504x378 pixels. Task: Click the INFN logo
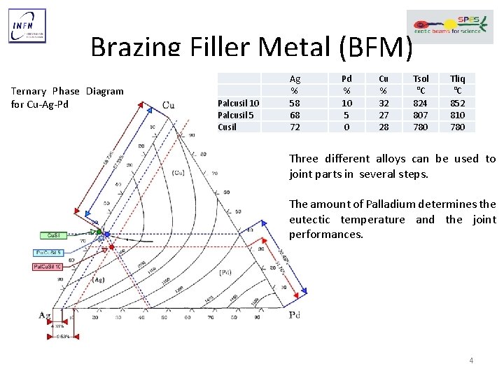[x=27, y=26]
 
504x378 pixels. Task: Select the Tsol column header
[x=421, y=79]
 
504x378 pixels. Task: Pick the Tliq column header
[x=458, y=79]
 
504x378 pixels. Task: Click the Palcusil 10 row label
[x=238, y=103]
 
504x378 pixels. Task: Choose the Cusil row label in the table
[x=227, y=127]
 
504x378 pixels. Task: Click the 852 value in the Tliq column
[x=458, y=103]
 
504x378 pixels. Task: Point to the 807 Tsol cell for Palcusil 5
[x=421, y=115]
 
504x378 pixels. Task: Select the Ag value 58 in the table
[x=295, y=103]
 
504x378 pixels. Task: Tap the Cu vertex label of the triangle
[x=168, y=105]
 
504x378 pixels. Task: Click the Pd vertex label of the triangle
[x=295, y=316]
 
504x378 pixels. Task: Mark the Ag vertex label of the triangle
[x=44, y=316]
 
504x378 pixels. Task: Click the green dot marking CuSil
[x=99, y=232]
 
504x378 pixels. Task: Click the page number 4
[x=471, y=360]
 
